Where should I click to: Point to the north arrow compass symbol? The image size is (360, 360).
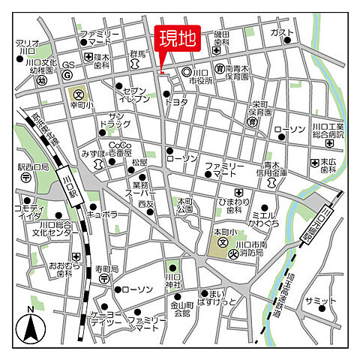click(31, 325)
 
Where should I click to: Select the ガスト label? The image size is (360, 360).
click(282, 32)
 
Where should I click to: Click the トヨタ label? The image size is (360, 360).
click(176, 100)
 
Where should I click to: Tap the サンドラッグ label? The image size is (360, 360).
click(120, 118)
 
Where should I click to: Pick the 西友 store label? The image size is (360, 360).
click(145, 203)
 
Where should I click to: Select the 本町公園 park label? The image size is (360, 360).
click(185, 205)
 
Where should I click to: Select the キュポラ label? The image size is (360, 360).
click(102, 214)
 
